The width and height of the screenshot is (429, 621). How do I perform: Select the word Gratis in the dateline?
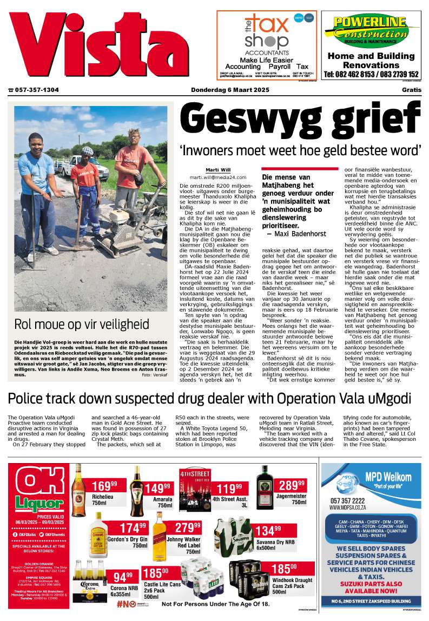[411, 90]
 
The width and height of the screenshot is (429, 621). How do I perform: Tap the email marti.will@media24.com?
[217, 177]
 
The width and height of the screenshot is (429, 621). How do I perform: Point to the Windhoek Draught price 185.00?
[284, 569]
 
